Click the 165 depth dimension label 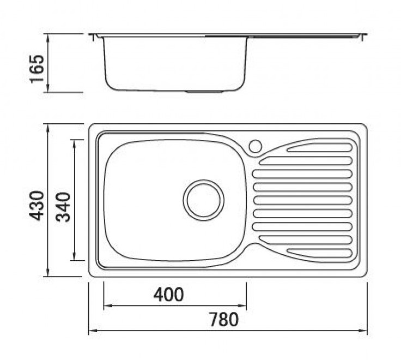coord(37,68)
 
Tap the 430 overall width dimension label coord(37,205)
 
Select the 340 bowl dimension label coord(63,207)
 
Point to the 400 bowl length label coord(168,295)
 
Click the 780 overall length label coord(224,320)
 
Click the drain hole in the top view coord(203,200)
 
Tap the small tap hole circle coord(255,146)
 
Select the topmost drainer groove coord(320,148)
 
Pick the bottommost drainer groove coord(320,253)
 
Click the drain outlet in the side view coord(204,92)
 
